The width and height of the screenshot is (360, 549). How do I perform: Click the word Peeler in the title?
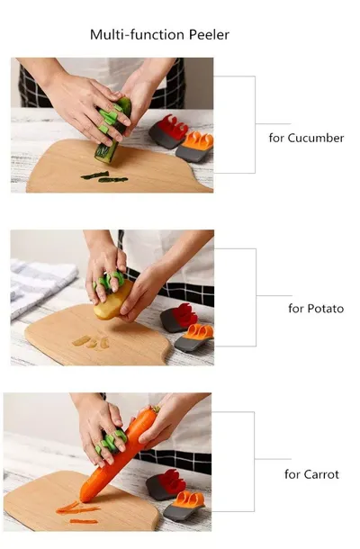click(x=209, y=35)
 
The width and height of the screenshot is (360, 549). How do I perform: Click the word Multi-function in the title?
click(x=138, y=35)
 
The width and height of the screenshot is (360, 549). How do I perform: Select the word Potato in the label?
click(x=325, y=309)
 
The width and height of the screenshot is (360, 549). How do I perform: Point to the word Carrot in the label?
click(x=321, y=474)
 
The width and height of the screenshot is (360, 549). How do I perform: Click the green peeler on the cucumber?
click(x=109, y=119)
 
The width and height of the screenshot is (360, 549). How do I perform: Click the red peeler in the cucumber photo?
click(x=168, y=131)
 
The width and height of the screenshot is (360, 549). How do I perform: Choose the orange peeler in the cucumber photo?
click(x=195, y=147)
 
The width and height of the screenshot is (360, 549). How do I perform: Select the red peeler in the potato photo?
click(x=178, y=318)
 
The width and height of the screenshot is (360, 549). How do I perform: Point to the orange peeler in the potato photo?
click(x=194, y=337)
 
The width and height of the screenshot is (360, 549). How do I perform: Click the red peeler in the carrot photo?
click(x=166, y=485)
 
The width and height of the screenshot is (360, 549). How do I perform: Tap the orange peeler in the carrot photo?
click(x=184, y=506)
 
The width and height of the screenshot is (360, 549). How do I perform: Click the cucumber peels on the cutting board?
click(x=104, y=176)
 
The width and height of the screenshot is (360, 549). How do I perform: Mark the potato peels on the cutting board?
click(x=90, y=342)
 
